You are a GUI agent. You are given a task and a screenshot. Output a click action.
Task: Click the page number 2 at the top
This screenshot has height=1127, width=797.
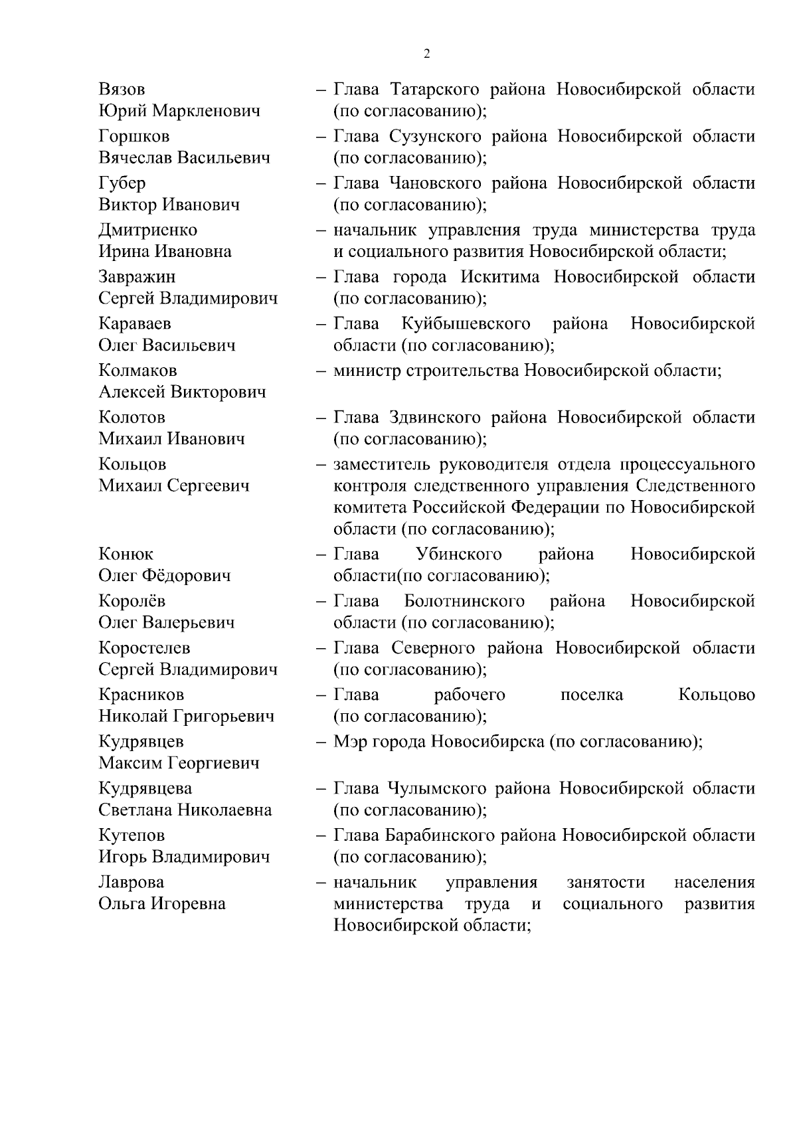(426, 54)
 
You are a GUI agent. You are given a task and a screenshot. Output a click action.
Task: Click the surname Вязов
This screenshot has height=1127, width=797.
(122, 90)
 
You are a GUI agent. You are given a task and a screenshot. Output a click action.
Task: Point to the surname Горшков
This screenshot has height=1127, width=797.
(133, 137)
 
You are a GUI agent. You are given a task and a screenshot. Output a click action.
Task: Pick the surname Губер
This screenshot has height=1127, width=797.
(122, 183)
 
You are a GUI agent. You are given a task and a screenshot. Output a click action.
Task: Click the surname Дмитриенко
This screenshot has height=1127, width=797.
(147, 230)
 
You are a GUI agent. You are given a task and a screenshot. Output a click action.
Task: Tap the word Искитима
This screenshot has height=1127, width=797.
(499, 277)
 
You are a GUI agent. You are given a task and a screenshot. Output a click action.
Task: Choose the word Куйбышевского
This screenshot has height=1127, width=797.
(466, 324)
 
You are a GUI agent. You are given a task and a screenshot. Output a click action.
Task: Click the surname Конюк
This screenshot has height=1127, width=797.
(126, 555)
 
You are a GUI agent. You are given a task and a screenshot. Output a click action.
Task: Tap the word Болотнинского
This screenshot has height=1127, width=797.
(464, 602)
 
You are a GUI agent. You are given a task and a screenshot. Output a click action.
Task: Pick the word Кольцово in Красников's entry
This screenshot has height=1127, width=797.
(717, 695)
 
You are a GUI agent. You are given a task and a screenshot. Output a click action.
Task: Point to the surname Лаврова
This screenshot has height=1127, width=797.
(131, 883)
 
